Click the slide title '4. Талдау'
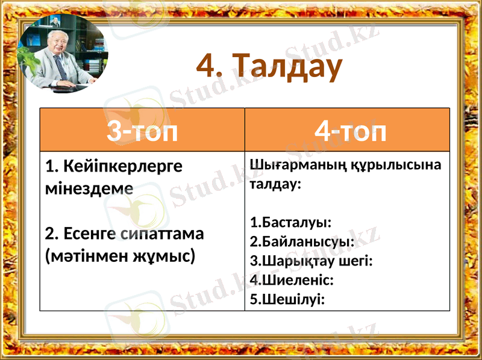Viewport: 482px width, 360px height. coord(269,67)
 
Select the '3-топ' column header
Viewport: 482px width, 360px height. coord(142,131)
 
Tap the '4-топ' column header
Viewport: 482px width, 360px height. coord(351,131)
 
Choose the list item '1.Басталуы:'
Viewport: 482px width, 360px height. coord(290,223)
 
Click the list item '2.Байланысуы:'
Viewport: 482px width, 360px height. coord(302,242)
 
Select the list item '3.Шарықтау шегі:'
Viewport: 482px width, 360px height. coord(311,261)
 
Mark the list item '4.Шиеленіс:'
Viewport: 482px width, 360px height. coord(292,280)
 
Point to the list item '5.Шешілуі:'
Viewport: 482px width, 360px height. coord(287,299)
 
